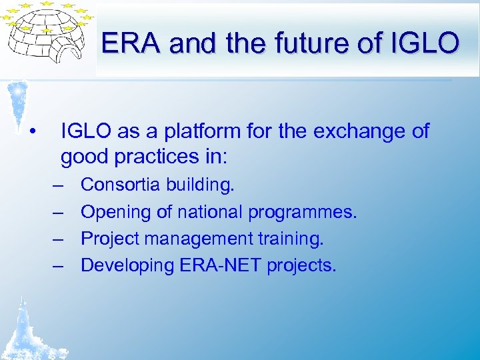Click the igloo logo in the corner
point(47,36)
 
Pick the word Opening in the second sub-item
point(115,212)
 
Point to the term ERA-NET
point(221,265)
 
